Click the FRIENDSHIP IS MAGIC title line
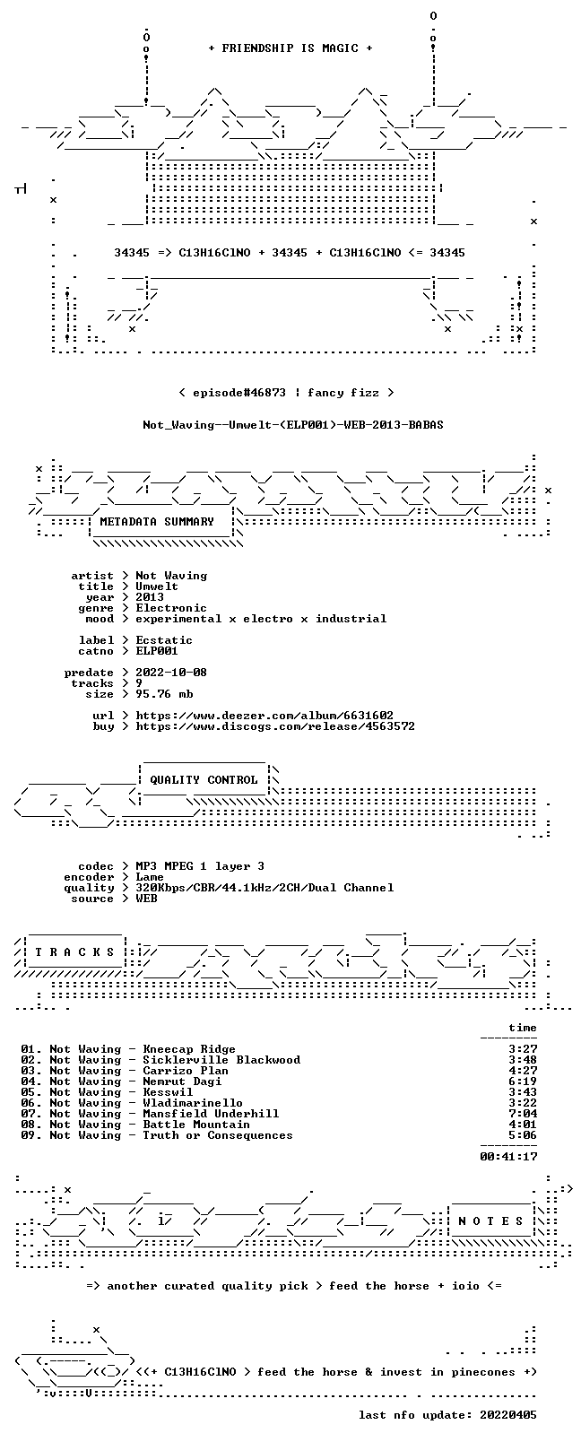pos(290,48)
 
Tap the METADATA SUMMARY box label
pos(156,521)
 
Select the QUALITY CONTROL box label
pos(204,779)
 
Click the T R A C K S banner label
pos(74,952)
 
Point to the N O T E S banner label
pos(491,1221)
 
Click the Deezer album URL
pos(264,716)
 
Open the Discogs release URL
pos(275,726)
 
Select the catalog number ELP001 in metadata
pos(157,651)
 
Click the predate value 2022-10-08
pos(171,672)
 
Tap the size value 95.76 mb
pos(164,694)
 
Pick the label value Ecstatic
pos(164,640)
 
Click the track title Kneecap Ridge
pos(189,1049)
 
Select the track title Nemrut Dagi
pos(182,1081)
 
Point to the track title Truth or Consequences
pos(218,1135)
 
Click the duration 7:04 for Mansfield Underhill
pos(523,1114)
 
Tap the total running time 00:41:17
pos(508,1157)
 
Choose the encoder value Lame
pos(150,877)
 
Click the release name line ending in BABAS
pos(293,425)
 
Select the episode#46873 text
pos(239,393)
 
